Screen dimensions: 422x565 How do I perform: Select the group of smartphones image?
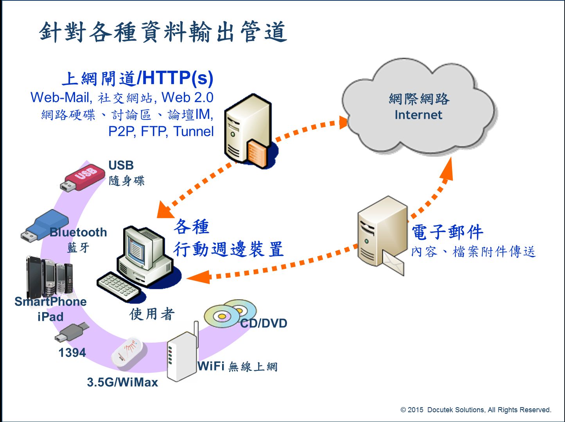tap(50, 276)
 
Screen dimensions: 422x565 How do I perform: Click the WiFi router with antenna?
tap(182, 354)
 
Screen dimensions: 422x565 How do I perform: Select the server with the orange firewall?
tap(248, 131)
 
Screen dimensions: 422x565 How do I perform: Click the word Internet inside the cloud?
tap(418, 115)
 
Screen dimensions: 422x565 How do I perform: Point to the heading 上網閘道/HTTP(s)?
tap(138, 78)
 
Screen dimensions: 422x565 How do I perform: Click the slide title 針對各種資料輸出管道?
tap(163, 32)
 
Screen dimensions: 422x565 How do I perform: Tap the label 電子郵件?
tap(447, 232)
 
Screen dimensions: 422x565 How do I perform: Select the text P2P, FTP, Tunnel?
tap(161, 131)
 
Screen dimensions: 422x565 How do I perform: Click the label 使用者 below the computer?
tap(152, 314)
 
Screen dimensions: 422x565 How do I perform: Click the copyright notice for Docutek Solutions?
tap(475, 410)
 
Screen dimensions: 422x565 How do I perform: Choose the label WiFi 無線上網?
tap(237, 367)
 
